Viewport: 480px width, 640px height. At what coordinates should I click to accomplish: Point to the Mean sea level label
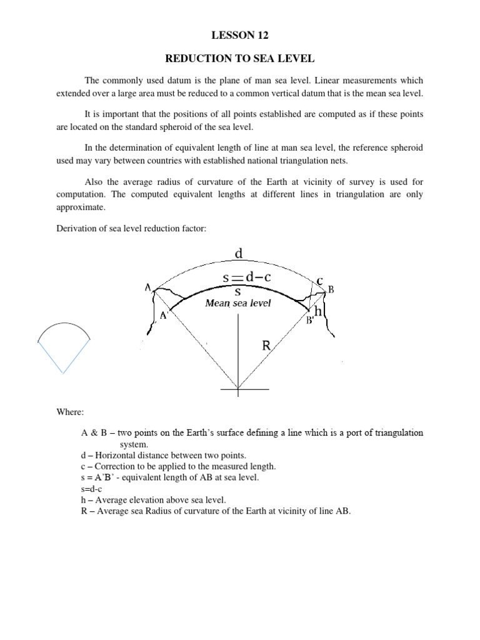point(238,303)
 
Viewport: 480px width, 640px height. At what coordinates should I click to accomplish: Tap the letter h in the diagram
point(317,311)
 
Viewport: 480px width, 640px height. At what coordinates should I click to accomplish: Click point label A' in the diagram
point(165,316)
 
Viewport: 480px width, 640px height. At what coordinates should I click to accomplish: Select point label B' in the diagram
point(309,321)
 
